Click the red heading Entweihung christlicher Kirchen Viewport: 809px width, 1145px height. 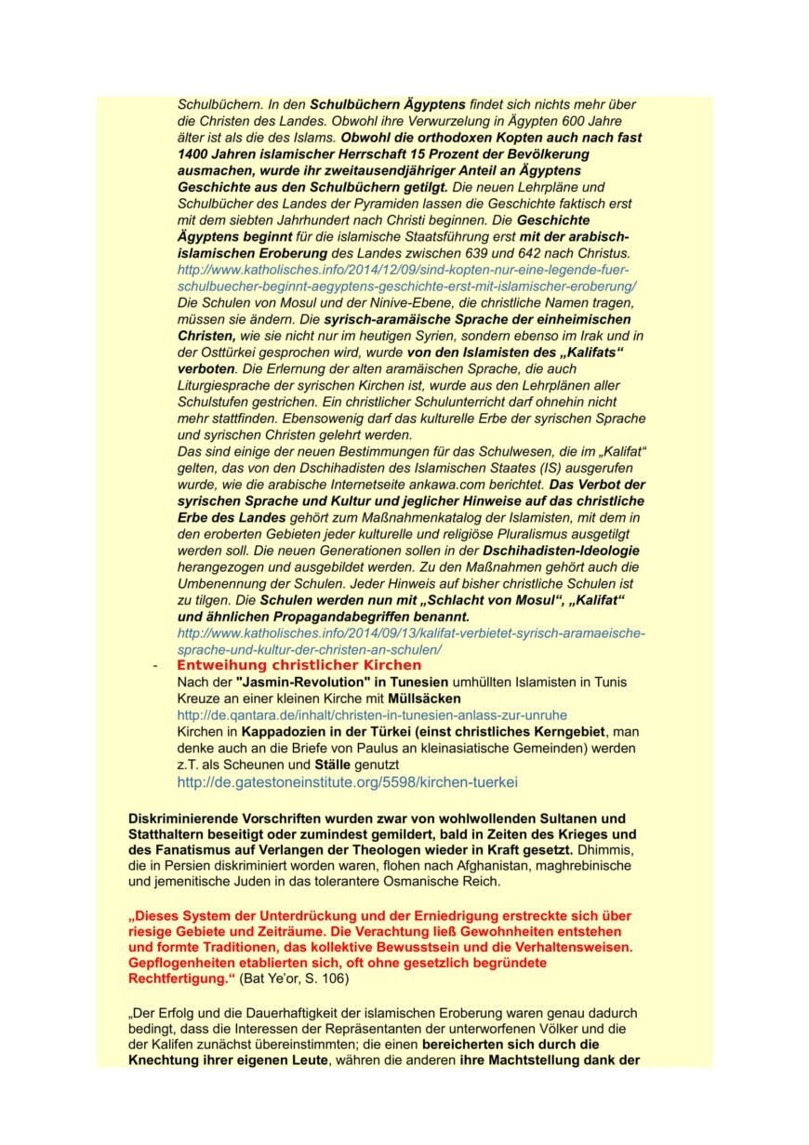(x=298, y=666)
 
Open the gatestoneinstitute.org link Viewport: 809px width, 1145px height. (x=347, y=782)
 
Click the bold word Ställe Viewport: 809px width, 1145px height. (x=333, y=765)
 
